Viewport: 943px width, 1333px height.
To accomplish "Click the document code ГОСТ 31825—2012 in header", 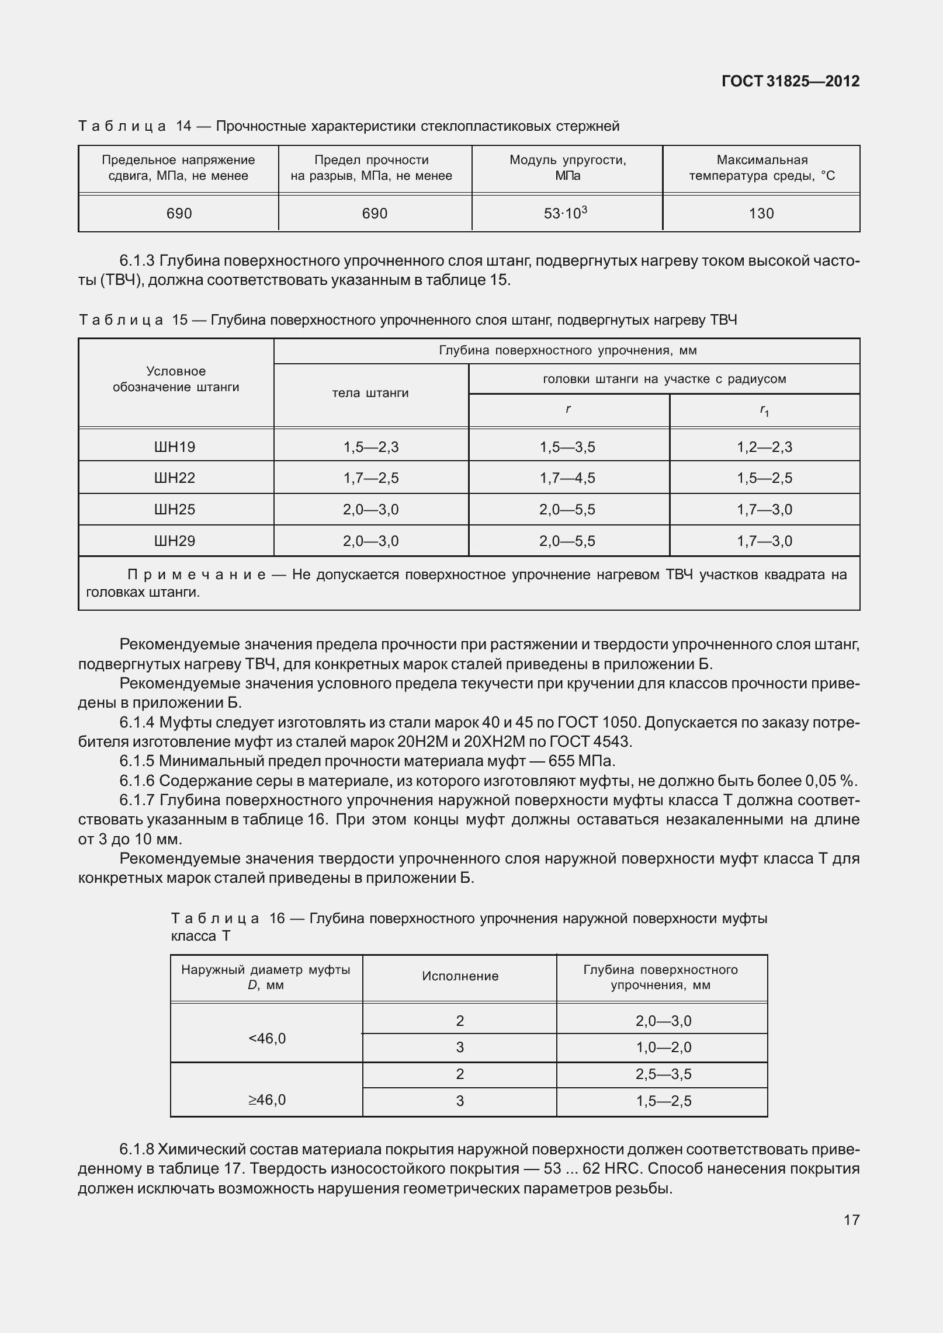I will click(790, 81).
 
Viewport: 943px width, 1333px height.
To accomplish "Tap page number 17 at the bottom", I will click(851, 1220).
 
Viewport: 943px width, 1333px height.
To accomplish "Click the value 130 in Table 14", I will click(761, 214).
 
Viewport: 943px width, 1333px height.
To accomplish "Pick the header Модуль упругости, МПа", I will click(567, 168).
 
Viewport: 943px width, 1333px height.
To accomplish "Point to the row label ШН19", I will click(174, 447).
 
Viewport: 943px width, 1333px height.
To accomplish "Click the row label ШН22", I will click(174, 478).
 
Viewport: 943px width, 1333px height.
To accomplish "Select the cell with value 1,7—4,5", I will click(567, 478).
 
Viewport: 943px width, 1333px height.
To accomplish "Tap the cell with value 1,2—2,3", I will click(764, 447).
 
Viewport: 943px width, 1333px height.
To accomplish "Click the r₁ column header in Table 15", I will click(764, 411).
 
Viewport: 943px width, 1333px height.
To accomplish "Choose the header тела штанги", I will click(370, 393).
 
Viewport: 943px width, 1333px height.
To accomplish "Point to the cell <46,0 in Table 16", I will click(267, 1039).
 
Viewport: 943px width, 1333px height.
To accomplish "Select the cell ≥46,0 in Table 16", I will click(267, 1100).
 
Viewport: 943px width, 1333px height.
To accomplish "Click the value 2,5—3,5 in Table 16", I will click(663, 1074).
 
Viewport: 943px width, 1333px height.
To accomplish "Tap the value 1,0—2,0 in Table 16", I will click(663, 1047).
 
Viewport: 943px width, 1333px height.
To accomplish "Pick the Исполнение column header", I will click(460, 976).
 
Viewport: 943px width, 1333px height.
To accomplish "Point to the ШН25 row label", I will click(174, 510).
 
